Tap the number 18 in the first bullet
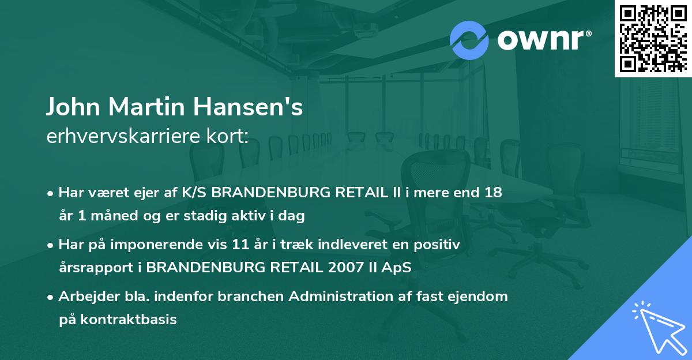(494, 193)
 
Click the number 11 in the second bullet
(257, 245)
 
